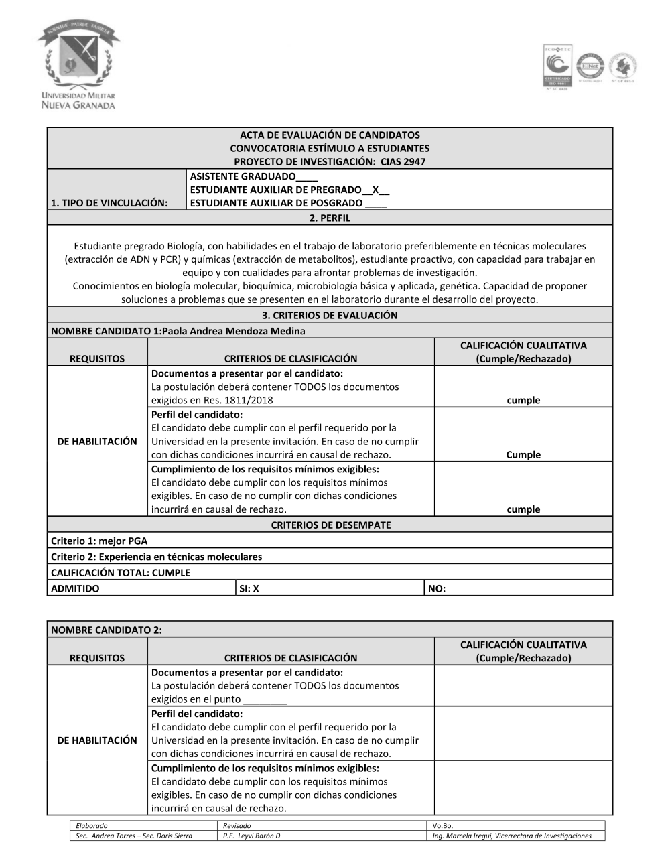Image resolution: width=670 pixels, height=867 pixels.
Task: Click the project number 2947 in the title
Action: pos(412,161)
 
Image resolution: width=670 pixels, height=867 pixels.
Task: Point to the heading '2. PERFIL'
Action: pos(330,218)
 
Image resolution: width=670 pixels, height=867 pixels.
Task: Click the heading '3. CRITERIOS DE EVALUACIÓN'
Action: pos(330,315)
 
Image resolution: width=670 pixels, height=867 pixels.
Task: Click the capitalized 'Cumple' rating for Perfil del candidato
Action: pos(523,454)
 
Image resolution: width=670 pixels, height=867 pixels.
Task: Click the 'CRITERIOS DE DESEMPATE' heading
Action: pos(330,525)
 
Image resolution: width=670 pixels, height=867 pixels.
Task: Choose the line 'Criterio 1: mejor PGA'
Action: pos(99,541)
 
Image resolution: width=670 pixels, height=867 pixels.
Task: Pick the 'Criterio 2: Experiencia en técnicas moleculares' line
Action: pos(156,557)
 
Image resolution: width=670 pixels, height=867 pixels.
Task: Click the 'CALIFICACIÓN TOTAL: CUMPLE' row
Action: pos(121,572)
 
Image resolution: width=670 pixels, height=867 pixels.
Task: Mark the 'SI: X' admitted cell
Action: pos(249,588)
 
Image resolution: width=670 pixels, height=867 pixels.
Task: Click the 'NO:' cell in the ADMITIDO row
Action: pos(437,588)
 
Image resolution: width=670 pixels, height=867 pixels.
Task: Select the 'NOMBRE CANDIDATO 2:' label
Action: pos(107,630)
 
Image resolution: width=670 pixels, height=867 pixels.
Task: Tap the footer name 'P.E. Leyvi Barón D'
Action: pos(252,836)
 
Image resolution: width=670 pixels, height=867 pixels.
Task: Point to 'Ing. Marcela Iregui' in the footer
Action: pos(462,836)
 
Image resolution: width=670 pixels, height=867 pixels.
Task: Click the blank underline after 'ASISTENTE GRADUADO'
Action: pos(307,177)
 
